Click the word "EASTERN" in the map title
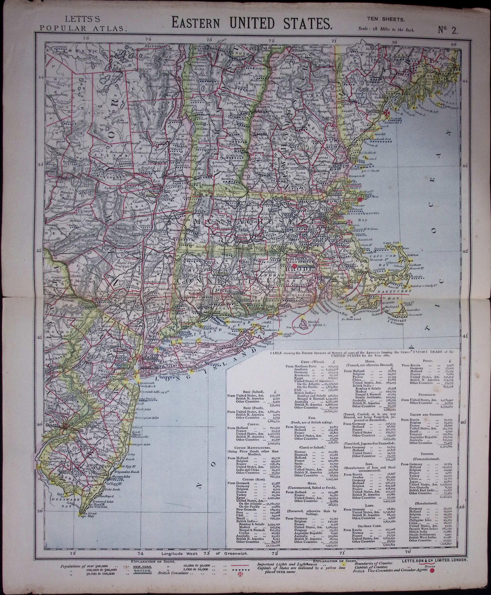point(199,23)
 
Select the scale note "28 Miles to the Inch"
point(395,30)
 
